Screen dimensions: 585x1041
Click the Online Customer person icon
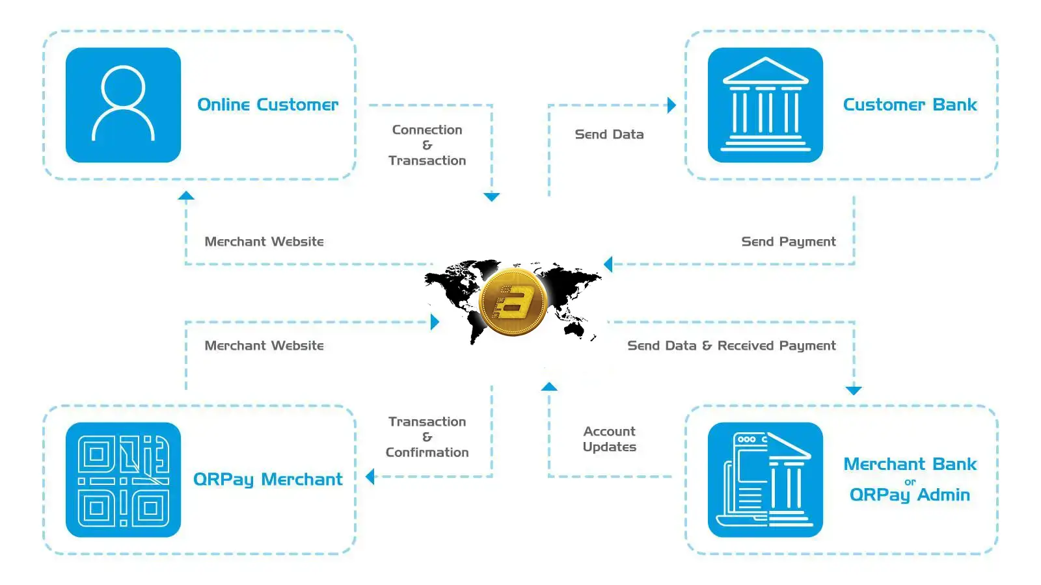click(123, 105)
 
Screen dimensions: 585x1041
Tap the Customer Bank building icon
click(765, 105)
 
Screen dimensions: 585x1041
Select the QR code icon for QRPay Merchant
click(123, 480)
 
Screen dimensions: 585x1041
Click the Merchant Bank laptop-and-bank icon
click(765, 480)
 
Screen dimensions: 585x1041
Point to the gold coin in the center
click(513, 302)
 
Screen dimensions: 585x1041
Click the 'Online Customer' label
click(267, 105)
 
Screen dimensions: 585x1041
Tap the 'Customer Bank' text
click(910, 105)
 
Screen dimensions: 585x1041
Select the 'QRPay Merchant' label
click(267, 480)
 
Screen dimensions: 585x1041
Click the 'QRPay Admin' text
click(910, 495)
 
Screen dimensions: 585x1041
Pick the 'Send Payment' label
click(789, 242)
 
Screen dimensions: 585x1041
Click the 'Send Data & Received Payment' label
click(731, 346)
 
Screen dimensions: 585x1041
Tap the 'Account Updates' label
click(609, 439)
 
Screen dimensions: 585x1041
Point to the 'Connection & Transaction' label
click(427, 145)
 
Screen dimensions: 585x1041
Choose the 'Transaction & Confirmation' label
click(427, 437)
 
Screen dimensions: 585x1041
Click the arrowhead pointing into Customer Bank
click(671, 105)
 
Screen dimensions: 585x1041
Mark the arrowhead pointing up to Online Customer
click(186, 196)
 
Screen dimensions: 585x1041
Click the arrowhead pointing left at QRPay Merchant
click(370, 477)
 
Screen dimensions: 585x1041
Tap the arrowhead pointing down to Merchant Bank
click(854, 390)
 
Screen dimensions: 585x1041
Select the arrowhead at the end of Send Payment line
click(608, 264)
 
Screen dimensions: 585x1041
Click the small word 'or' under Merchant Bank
click(910, 482)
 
